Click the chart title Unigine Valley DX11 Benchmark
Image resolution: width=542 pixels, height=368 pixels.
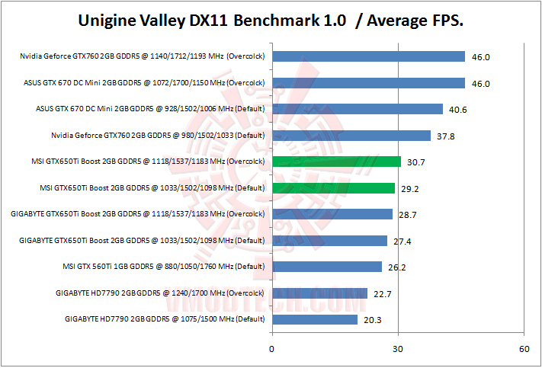271,21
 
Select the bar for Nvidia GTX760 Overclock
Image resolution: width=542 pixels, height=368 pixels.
368,56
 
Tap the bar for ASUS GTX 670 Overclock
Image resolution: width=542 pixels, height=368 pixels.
368,82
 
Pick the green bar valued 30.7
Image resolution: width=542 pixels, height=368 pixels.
336,162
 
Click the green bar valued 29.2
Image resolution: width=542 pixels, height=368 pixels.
333,188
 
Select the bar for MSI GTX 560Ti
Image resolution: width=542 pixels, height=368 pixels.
327,267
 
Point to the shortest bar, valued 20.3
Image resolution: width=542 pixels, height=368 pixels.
314,319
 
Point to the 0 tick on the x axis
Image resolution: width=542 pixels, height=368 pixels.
272,349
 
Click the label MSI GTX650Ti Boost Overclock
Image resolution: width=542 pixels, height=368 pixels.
152,162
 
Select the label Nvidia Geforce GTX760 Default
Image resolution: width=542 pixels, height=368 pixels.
157,136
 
